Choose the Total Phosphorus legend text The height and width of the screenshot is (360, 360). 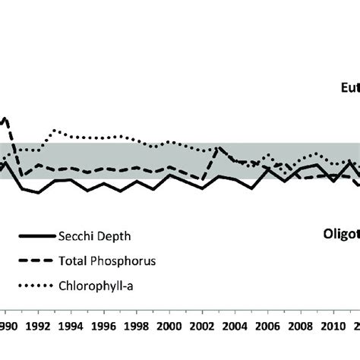[x=107, y=261]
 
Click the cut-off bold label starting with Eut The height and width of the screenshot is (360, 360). [x=349, y=109]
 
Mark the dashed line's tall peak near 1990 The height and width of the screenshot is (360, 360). [x=6, y=118]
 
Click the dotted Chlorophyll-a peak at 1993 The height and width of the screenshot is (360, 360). [x=54, y=130]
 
